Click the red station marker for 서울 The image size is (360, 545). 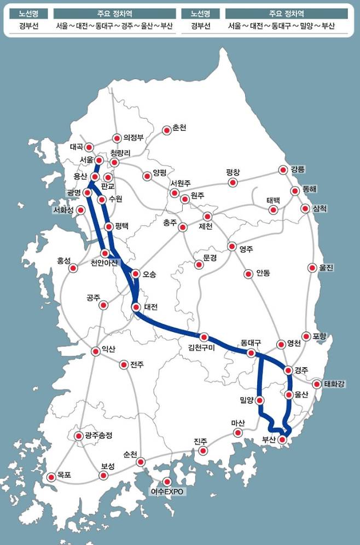[x=99, y=160]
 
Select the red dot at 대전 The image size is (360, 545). [x=136, y=308]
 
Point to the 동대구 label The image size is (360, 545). [x=251, y=344]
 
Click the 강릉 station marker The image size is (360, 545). [x=283, y=170]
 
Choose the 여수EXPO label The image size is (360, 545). [x=168, y=491]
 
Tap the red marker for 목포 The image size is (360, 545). [x=51, y=477]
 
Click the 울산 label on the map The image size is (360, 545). [x=301, y=394]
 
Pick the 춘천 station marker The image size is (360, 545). [x=166, y=130]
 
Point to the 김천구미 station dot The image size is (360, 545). [x=204, y=337]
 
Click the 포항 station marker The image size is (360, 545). [x=306, y=337]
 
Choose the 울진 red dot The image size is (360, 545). [x=312, y=268]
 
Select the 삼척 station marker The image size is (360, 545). [x=305, y=208]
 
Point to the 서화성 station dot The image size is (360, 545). [x=81, y=210]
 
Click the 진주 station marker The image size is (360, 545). [x=203, y=451]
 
